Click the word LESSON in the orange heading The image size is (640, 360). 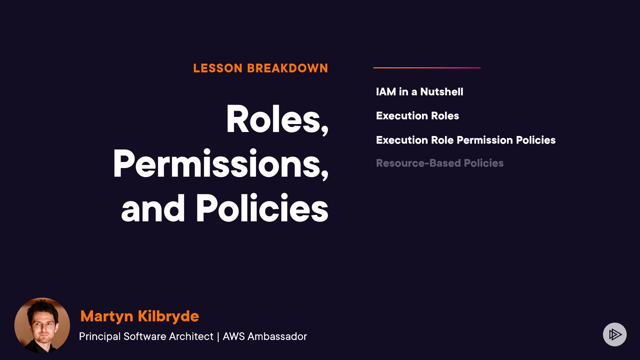[x=218, y=68]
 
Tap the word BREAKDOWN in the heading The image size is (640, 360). [x=288, y=68]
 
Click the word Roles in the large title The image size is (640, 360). [x=273, y=119]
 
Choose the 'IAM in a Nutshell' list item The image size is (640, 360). [x=420, y=92]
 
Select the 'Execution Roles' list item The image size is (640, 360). [x=418, y=116]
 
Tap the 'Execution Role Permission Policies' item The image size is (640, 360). [x=466, y=140]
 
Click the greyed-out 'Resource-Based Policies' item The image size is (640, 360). [x=440, y=163]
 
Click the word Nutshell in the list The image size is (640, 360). [x=442, y=92]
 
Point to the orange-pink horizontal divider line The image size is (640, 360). [x=427, y=68]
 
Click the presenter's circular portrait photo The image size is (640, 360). [x=42, y=326]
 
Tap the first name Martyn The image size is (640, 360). [x=107, y=316]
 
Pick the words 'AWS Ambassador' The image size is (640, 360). [x=265, y=336]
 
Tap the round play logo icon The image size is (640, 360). [x=615, y=334]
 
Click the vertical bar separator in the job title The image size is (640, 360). [x=218, y=337]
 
